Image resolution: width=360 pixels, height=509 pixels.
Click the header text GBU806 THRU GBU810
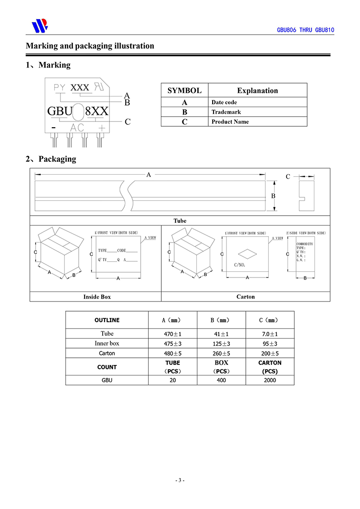(x=305, y=30)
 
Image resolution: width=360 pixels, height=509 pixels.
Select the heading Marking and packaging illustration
(x=90, y=46)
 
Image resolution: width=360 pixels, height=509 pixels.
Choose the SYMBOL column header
(x=184, y=90)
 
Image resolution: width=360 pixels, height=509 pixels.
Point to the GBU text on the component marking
(x=60, y=111)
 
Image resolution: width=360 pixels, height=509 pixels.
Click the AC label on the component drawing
(x=77, y=128)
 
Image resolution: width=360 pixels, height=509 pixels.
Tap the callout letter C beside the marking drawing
(x=128, y=122)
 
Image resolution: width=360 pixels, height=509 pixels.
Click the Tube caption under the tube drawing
(x=180, y=221)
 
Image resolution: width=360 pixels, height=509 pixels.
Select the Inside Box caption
(x=97, y=297)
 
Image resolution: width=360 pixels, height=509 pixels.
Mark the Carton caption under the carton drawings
(x=246, y=297)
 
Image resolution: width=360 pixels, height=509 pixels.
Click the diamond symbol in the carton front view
(x=247, y=253)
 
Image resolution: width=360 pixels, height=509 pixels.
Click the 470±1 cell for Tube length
(x=173, y=334)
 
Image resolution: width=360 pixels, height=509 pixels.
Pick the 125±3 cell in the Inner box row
(x=221, y=343)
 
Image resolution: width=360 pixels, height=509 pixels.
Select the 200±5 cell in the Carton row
(x=270, y=353)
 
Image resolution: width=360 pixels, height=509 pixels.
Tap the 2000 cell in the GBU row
(x=270, y=380)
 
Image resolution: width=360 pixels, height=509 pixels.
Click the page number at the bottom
(x=180, y=480)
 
